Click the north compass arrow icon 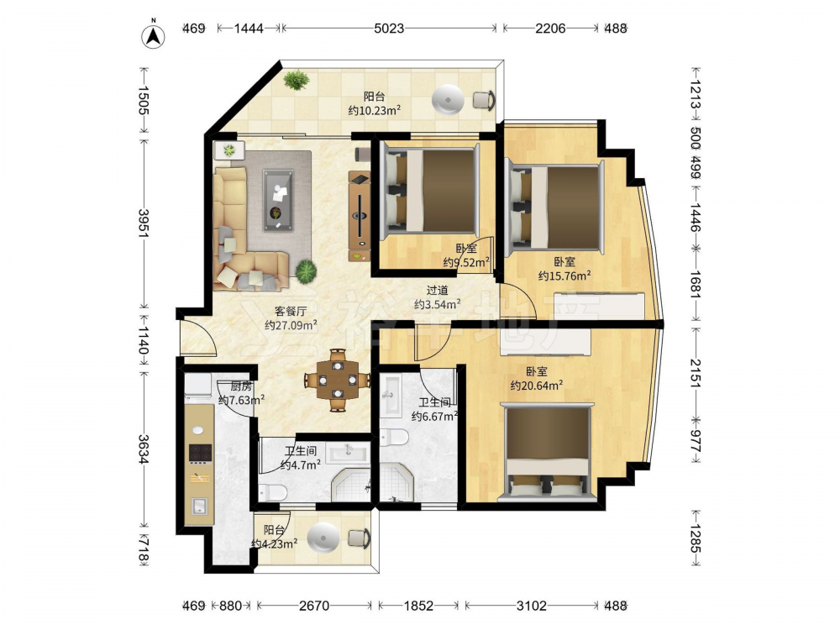click(x=153, y=36)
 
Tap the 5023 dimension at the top click(x=389, y=28)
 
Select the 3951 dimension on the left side click(x=144, y=223)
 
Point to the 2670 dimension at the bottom click(x=314, y=606)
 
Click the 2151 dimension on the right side click(x=695, y=372)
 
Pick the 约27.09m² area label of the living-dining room click(x=291, y=324)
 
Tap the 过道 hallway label click(x=437, y=291)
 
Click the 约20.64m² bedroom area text click(x=536, y=385)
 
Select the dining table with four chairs click(x=338, y=380)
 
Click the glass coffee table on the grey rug click(x=278, y=201)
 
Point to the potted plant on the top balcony click(x=297, y=80)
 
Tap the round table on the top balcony click(x=448, y=99)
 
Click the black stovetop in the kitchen click(x=200, y=454)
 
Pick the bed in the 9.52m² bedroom click(x=430, y=191)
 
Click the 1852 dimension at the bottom click(x=418, y=606)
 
